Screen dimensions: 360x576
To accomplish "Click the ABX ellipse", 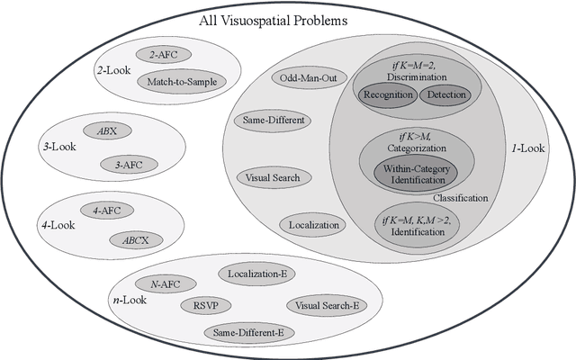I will click(108, 130).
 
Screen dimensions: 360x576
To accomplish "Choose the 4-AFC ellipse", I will click(108, 210).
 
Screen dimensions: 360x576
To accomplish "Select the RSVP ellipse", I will click(206, 305).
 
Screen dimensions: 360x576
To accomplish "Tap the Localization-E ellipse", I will click(255, 272).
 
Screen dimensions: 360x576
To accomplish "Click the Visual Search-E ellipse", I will click(327, 305).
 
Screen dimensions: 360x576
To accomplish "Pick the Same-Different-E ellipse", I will click(247, 333).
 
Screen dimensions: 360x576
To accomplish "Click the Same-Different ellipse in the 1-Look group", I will click(273, 120).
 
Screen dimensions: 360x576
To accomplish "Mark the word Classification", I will click(460, 197).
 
